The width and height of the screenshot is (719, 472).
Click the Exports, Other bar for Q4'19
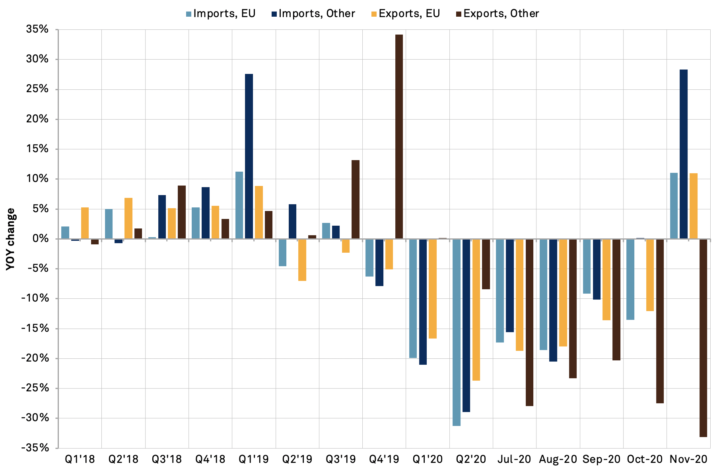point(399,137)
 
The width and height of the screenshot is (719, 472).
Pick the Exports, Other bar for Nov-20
point(703,338)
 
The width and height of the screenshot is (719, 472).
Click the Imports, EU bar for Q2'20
point(457,332)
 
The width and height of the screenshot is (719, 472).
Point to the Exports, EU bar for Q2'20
point(476,310)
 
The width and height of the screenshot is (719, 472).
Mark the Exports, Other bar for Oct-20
point(660,321)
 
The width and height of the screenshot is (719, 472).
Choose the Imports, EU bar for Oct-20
point(630,279)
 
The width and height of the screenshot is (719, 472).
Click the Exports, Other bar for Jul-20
point(529,322)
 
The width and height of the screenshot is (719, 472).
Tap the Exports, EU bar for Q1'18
point(85,223)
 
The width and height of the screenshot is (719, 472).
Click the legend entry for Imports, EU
point(221,14)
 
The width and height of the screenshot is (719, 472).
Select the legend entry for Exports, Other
point(497,14)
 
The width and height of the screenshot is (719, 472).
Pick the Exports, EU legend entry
point(406,14)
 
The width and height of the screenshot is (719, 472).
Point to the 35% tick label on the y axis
point(38,29)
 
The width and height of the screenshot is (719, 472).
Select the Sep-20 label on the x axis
point(601,459)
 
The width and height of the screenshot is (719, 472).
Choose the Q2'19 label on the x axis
point(297,459)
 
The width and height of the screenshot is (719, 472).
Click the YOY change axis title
point(11,239)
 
